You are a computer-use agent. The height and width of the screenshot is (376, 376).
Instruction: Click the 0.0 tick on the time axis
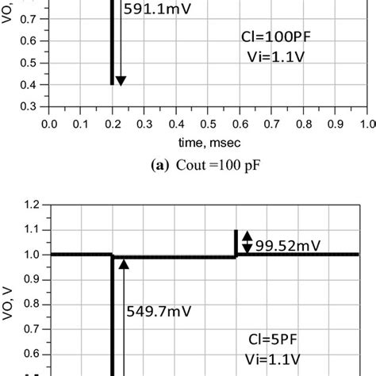pyautogui.click(x=49, y=123)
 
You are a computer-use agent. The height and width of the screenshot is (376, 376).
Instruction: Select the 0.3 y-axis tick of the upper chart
pyautogui.click(x=28, y=106)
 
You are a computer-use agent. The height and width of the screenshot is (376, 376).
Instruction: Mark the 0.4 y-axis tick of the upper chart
pyautogui.click(x=28, y=84)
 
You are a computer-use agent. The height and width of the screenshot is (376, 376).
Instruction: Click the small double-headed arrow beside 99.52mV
pyautogui.click(x=247, y=241)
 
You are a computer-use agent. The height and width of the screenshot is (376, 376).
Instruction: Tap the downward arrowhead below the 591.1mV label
pyautogui.click(x=121, y=79)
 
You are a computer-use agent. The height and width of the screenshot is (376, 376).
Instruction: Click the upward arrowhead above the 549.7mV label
pyautogui.click(x=123, y=265)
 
